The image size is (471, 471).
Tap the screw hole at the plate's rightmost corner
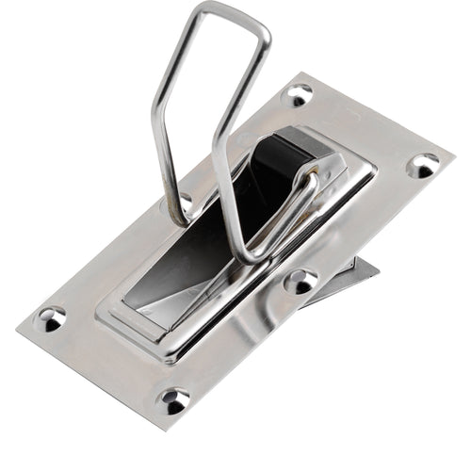pos(423,166)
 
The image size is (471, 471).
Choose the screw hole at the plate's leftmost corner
pos(50,317)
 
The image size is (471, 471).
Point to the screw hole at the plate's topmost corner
pos(299,94)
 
